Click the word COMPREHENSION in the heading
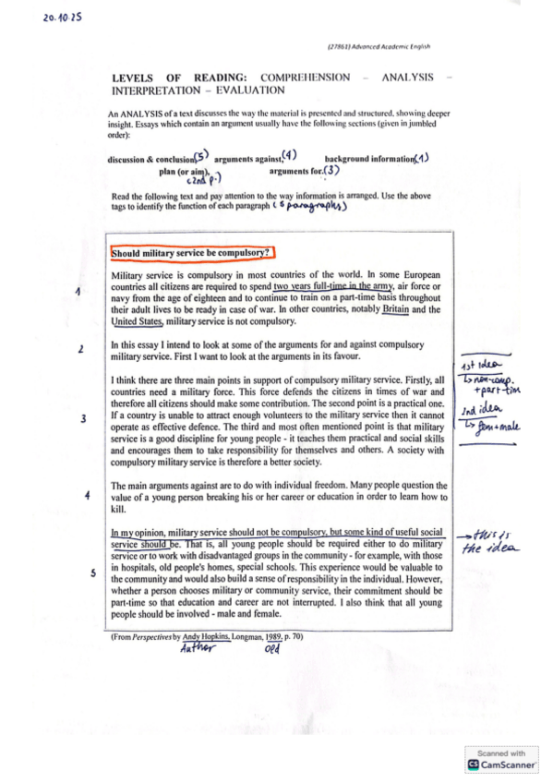coord(306,78)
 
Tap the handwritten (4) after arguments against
coord(289,154)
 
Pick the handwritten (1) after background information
coord(422,158)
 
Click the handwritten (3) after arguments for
coord(331,170)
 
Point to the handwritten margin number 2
coord(81,350)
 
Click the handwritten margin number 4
coord(87,496)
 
